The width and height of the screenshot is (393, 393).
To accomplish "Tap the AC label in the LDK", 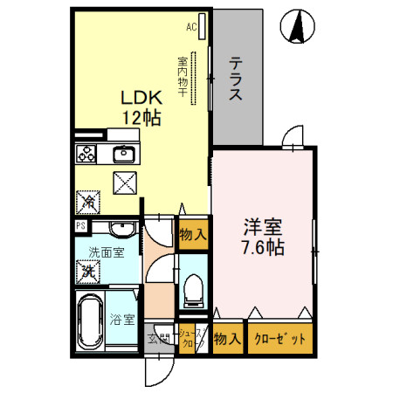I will point(191,27).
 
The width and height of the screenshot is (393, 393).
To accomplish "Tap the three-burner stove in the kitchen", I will point(87,155).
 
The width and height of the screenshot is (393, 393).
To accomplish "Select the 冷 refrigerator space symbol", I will point(88,201).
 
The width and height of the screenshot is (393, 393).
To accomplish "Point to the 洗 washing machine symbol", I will point(87,272).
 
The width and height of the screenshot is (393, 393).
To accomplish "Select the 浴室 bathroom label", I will point(122,320).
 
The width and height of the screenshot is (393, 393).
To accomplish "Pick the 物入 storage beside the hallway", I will point(192,234).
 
